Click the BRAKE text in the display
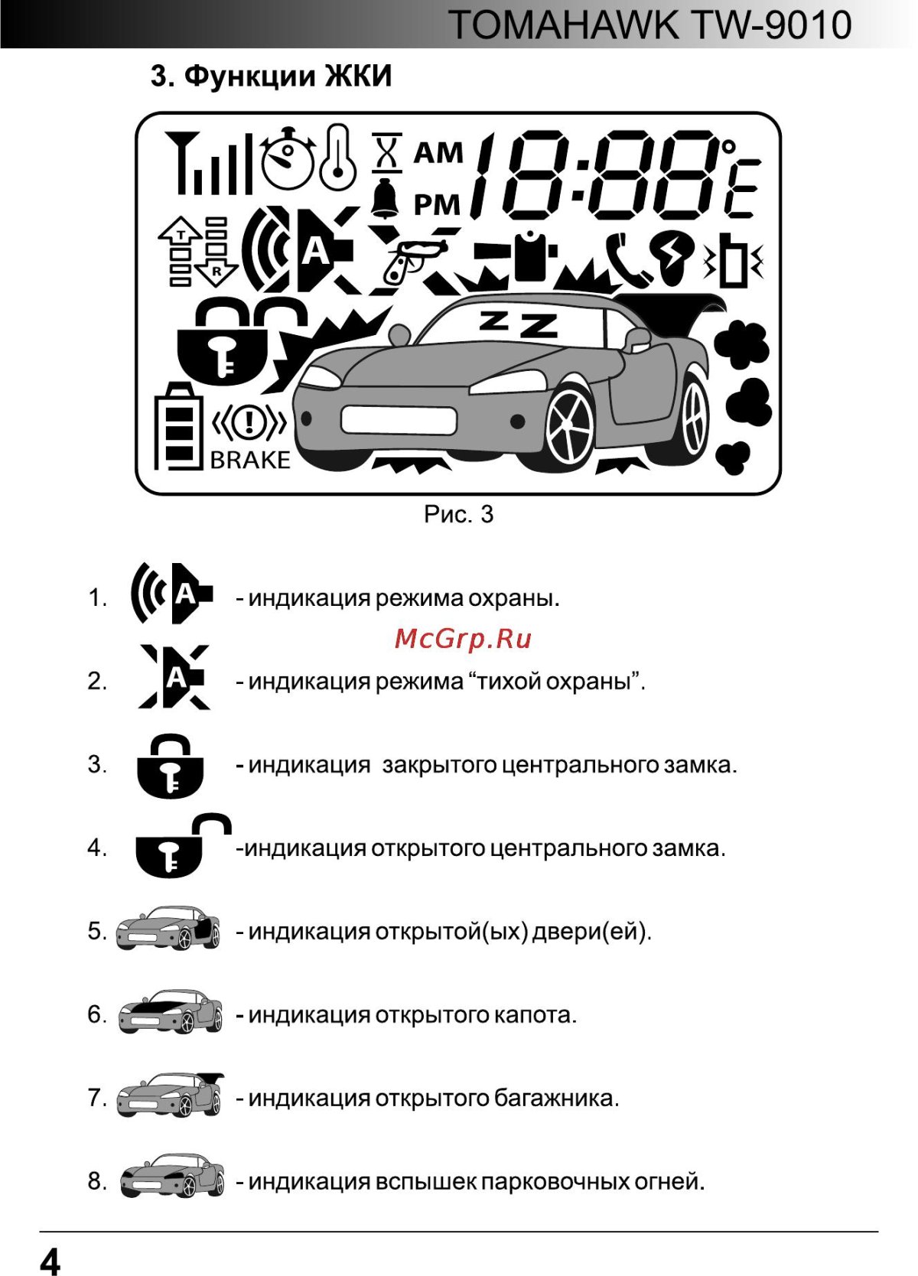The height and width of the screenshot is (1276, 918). click(x=250, y=460)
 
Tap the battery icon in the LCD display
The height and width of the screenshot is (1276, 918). click(x=178, y=425)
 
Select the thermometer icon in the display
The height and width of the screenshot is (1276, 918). click(x=337, y=158)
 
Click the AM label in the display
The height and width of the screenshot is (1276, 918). click(x=438, y=153)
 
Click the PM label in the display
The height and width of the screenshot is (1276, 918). click(x=438, y=205)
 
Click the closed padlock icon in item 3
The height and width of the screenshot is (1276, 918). click(x=171, y=767)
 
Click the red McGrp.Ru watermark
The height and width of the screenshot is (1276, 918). click(x=463, y=639)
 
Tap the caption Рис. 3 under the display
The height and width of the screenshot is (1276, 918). click(x=458, y=514)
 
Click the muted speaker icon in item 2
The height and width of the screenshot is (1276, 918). click(x=174, y=677)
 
